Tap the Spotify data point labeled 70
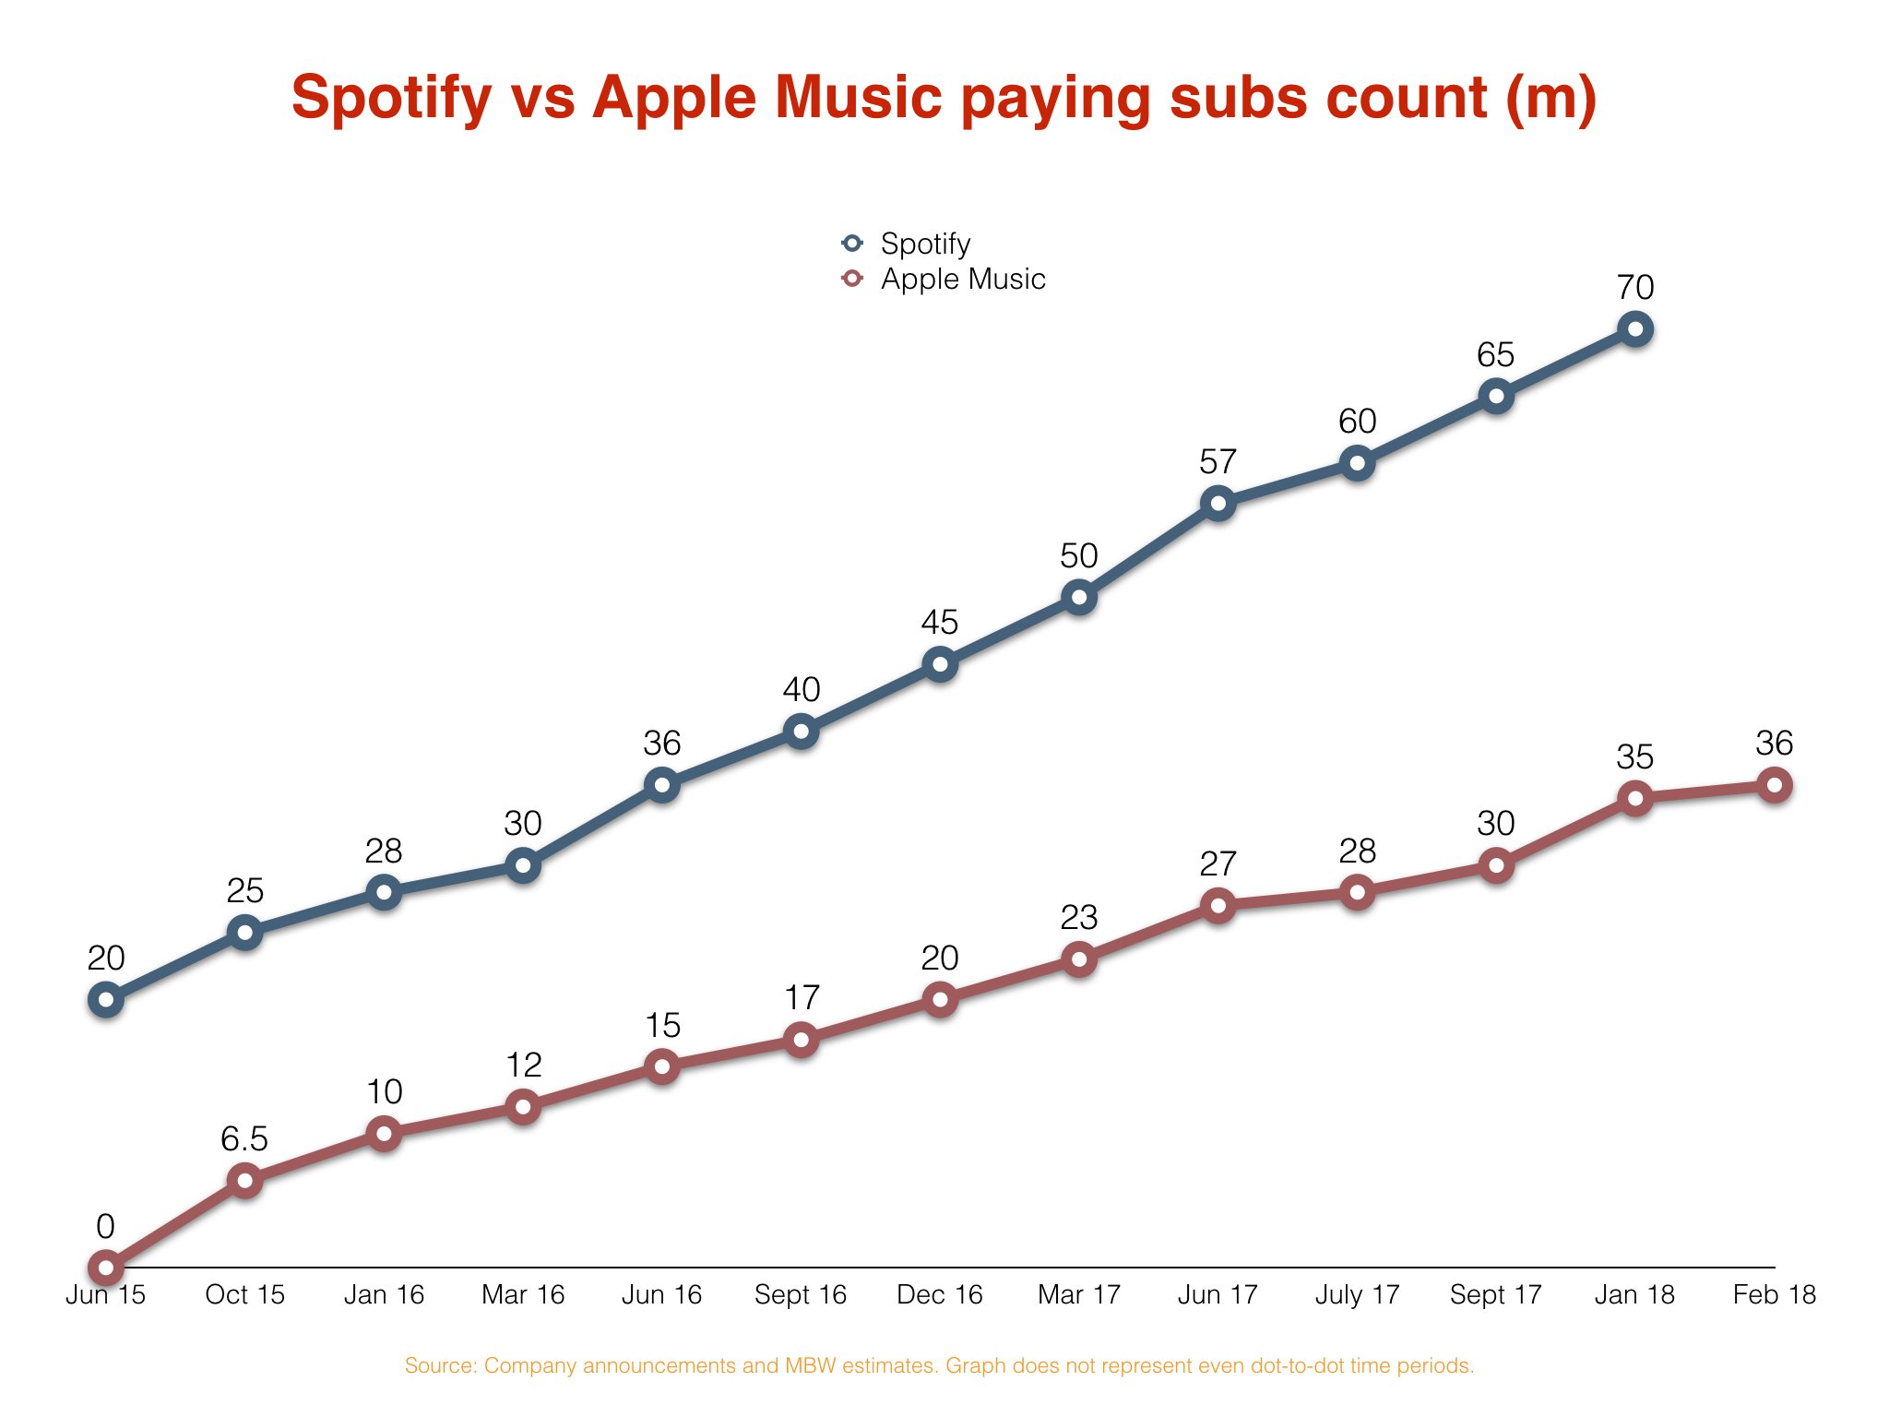[1635, 329]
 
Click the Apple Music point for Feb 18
[1774, 785]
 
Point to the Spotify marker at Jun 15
[106, 999]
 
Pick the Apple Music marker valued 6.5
[245, 1180]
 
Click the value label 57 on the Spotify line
[1218, 461]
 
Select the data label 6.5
[244, 1139]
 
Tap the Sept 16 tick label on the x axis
[801, 1294]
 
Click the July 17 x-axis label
[1357, 1294]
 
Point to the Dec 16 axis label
[940, 1294]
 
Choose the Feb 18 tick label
[1774, 1294]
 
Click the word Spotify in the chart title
[392, 98]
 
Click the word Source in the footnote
[439, 1365]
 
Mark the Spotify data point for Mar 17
[1079, 597]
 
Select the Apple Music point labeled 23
[1079, 959]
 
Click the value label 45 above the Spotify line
[940, 623]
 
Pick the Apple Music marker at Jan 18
[1635, 798]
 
